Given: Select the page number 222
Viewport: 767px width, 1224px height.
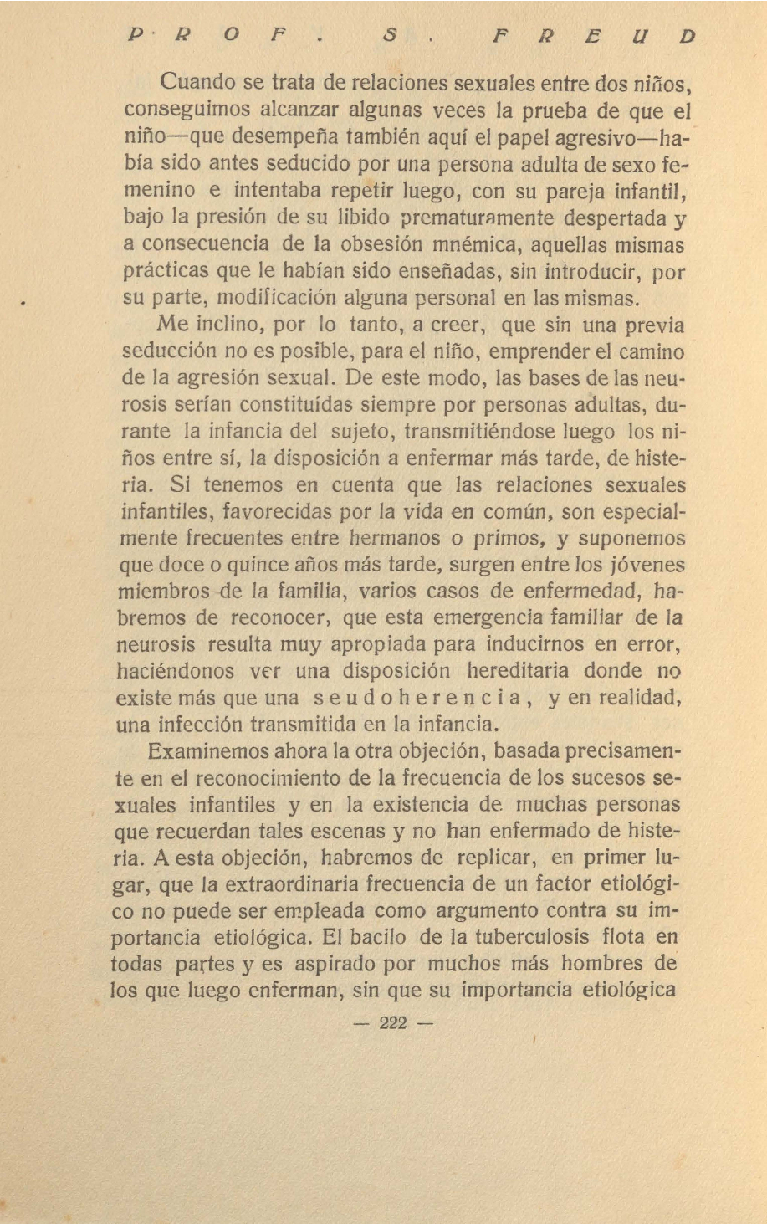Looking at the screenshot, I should pos(392,1022).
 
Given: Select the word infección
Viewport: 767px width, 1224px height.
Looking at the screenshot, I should pos(196,725).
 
